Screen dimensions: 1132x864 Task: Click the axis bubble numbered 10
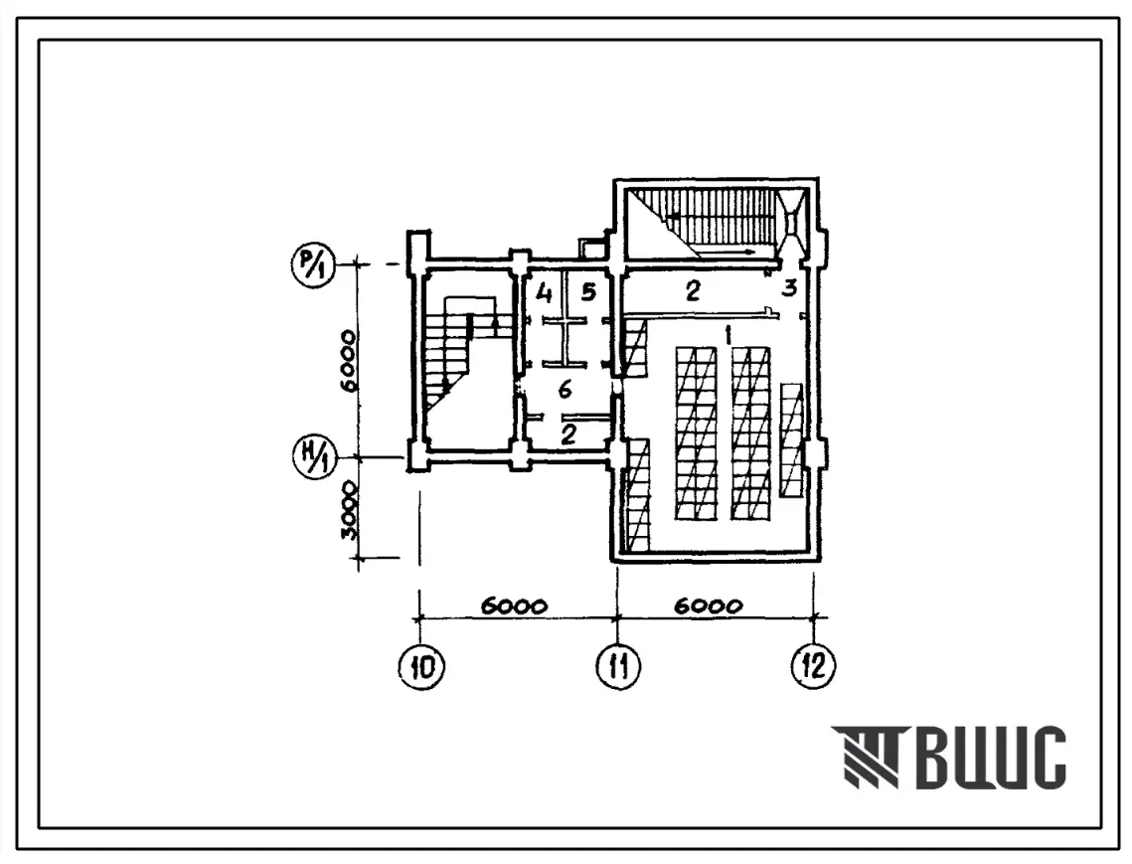[x=421, y=666]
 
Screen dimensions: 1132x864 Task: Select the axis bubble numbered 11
[x=618, y=666]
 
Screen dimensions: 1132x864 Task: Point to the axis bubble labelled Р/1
[x=312, y=265]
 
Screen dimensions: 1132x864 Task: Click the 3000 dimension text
[x=348, y=510]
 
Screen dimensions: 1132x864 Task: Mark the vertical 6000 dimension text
[x=348, y=360]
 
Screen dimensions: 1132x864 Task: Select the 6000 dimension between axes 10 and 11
[x=514, y=606]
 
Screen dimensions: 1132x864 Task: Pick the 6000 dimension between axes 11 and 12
[x=709, y=605]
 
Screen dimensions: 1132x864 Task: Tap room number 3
[x=789, y=287]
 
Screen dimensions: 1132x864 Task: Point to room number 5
[x=588, y=292]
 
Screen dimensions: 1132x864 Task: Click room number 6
[x=566, y=390]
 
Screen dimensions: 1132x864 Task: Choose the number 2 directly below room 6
[x=568, y=434]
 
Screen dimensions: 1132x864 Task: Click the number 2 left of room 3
[x=693, y=290]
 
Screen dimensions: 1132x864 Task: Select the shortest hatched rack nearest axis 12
[x=791, y=439]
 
